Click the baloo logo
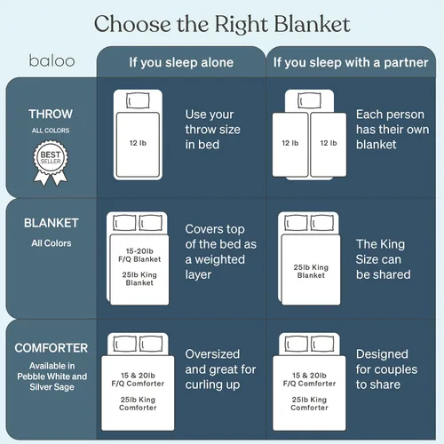(52, 60)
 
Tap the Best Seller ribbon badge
(51, 163)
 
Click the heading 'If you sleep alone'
(181, 62)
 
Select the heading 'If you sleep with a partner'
(351, 62)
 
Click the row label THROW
(51, 114)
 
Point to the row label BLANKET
(52, 223)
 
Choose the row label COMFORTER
(52, 348)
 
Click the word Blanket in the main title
(312, 24)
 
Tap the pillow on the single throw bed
(138, 100)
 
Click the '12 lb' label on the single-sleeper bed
(138, 143)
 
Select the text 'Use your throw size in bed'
(212, 130)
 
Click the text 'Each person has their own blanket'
(392, 130)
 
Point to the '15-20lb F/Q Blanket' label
(139, 255)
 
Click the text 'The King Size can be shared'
(383, 259)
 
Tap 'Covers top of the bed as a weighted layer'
(221, 251)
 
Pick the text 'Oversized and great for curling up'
(220, 369)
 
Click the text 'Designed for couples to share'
(386, 369)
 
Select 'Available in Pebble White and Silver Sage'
(52, 377)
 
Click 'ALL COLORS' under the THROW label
(51, 131)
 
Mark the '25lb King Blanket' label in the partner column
(311, 272)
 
